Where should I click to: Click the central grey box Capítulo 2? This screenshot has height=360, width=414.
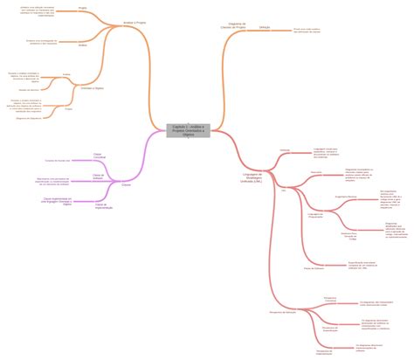pyautogui.click(x=188, y=130)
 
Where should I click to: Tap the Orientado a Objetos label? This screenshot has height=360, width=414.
pyautogui.click(x=92, y=88)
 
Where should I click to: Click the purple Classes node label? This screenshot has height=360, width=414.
pyautogui.click(x=126, y=185)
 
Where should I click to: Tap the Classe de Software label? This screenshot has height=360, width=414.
pyautogui.click(x=98, y=177)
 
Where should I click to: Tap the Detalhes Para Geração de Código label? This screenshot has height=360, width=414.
pyautogui.click(x=348, y=236)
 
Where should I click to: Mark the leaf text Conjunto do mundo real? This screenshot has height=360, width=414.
pyautogui.click(x=61, y=162)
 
